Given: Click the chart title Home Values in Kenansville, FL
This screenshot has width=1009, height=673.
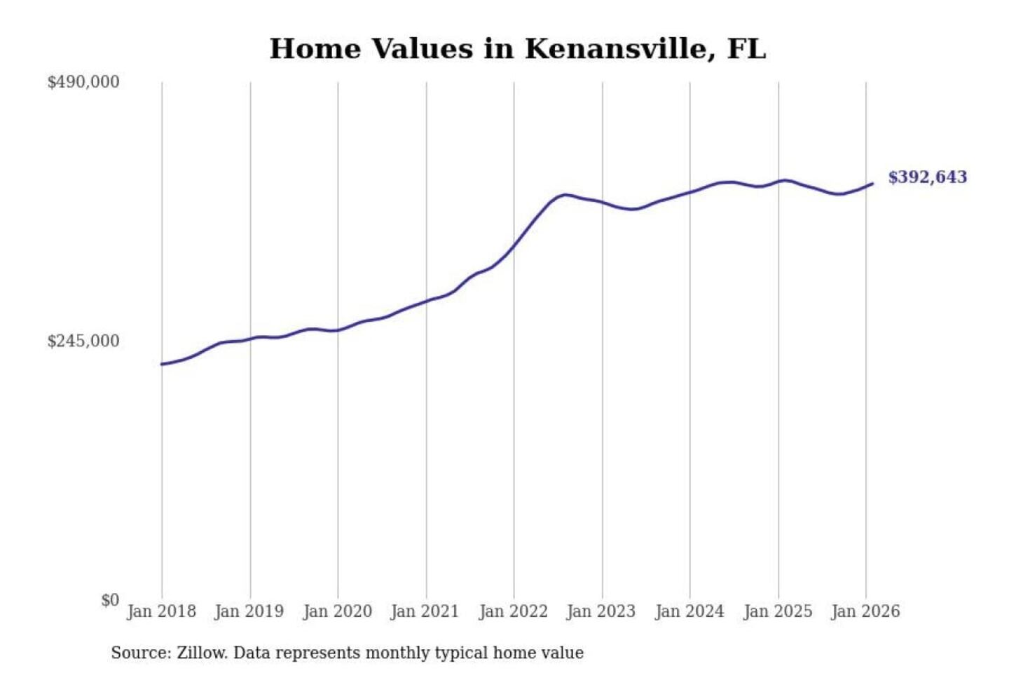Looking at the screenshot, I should coord(518,49).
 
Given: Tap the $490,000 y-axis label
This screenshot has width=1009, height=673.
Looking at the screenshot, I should coord(83,82).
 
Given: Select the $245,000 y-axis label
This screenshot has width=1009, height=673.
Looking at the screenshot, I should coord(83,341).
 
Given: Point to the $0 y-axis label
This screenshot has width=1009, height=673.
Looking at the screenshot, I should coord(110,600).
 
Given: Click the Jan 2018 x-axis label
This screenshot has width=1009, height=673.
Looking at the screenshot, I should coord(161,611).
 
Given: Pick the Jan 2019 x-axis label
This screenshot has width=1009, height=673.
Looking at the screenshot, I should coord(249,611).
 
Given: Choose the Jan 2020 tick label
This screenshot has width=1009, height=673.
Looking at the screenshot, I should coord(337,611).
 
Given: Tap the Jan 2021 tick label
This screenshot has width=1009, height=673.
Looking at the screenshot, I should coord(425,611).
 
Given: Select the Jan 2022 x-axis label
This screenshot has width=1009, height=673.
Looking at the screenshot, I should coord(513,611).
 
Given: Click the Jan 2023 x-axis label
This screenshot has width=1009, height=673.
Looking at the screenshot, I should coord(600,611).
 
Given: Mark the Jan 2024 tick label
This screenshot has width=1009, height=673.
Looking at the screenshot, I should coord(689,611).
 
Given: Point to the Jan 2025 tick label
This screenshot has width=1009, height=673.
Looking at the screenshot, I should coord(777,611).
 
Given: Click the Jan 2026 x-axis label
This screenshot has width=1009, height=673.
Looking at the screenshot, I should coord(865,611).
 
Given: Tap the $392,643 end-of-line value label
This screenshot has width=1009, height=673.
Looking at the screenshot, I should coord(927,177).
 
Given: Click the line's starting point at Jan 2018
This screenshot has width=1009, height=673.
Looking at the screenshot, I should coord(163,364).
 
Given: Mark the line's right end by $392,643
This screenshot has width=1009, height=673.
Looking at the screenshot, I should coord(872,184).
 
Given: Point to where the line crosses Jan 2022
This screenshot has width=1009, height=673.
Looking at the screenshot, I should coord(514,245).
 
